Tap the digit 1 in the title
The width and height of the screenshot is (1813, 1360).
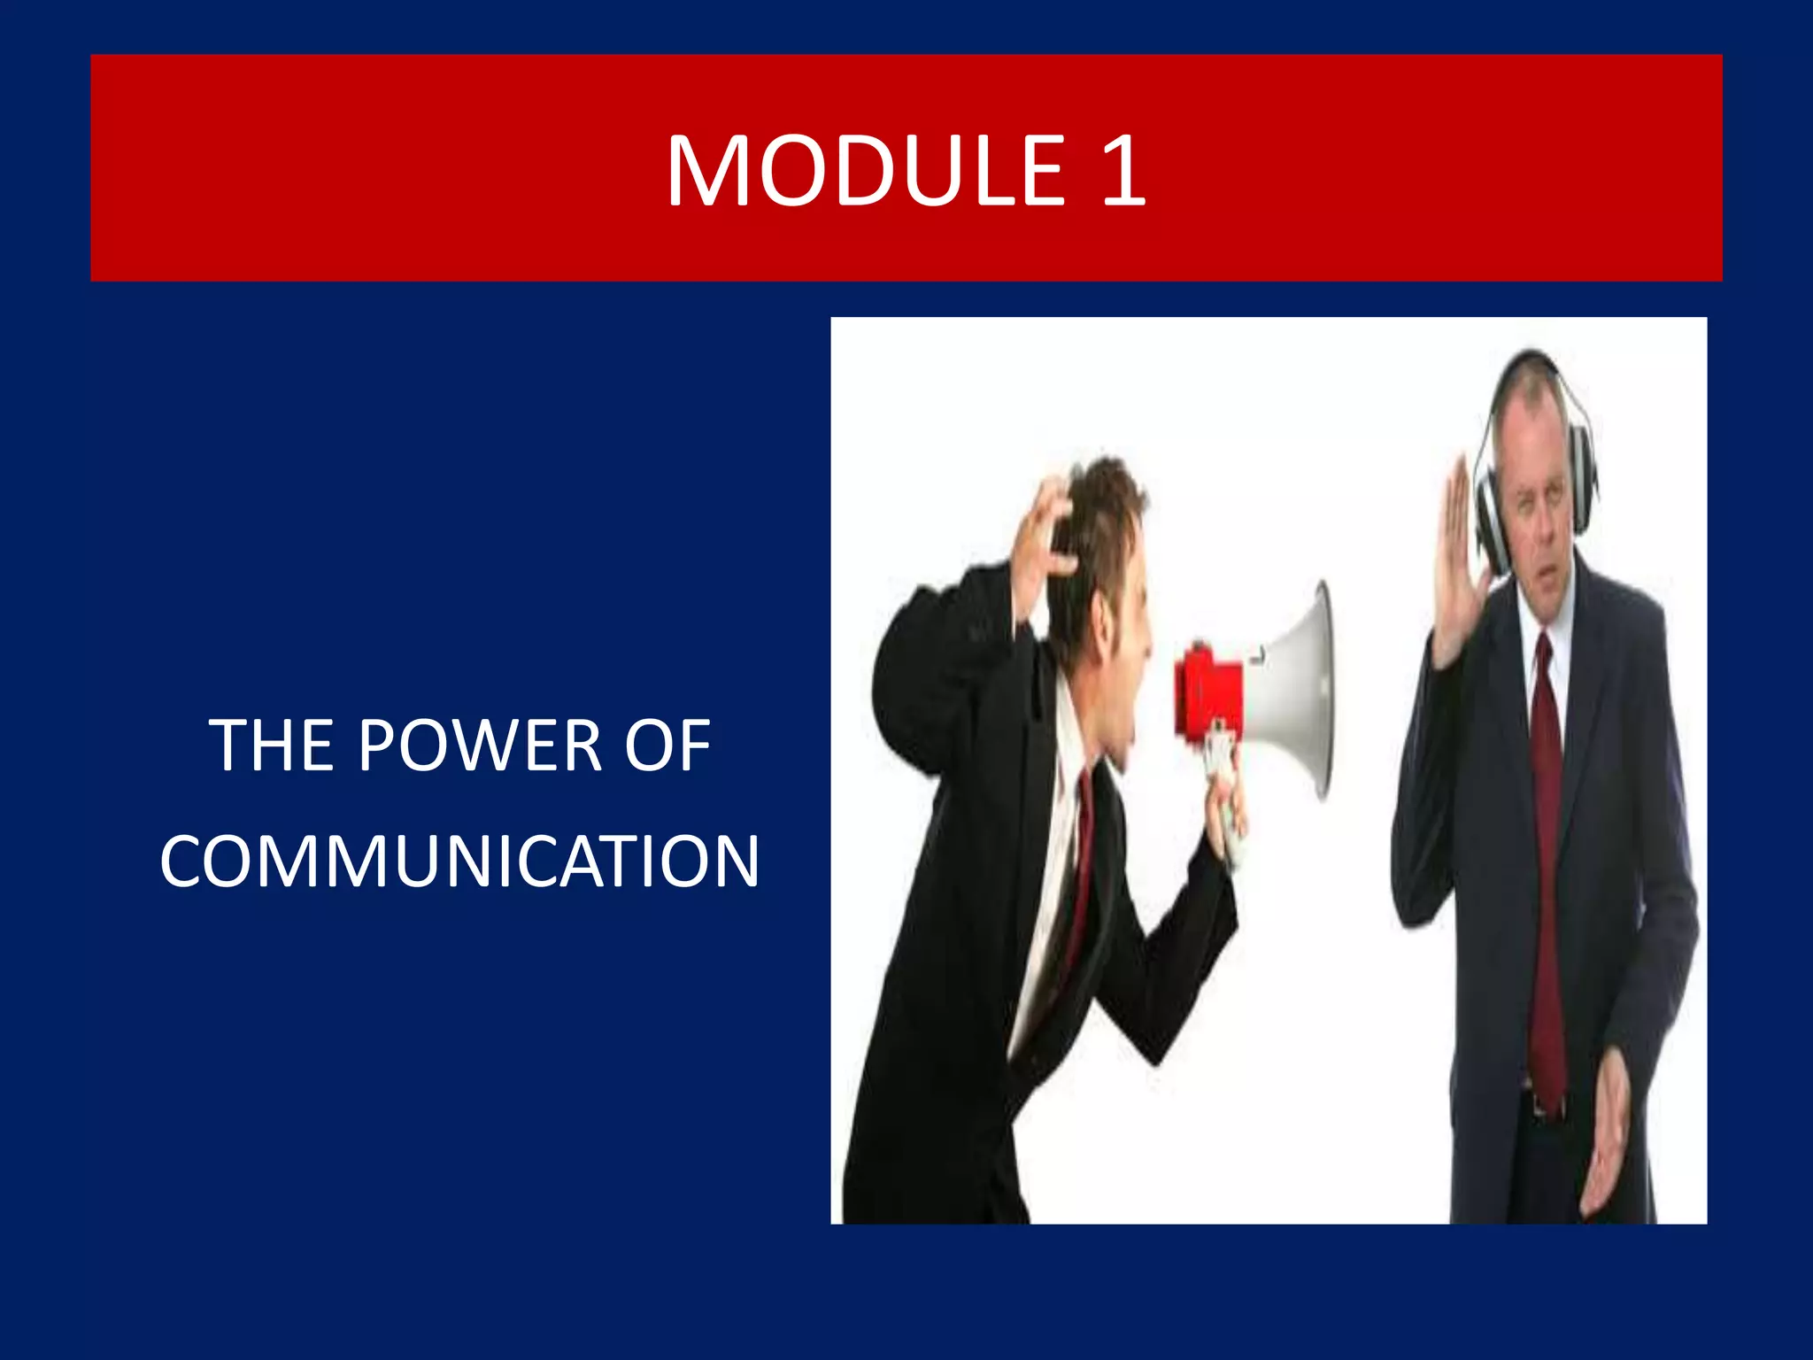point(1122,171)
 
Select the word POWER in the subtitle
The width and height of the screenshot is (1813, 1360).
point(479,746)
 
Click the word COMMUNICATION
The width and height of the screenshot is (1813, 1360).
point(459,862)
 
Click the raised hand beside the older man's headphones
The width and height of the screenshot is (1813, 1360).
point(1452,567)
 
